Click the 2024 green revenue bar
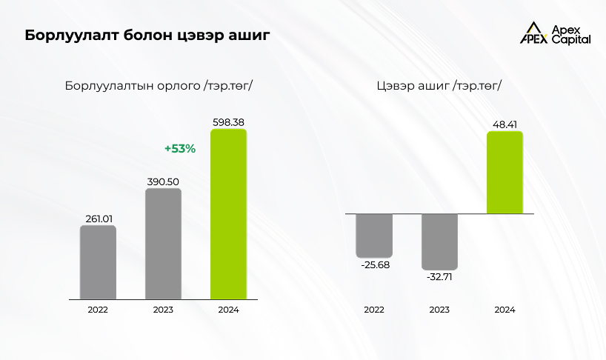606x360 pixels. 228,215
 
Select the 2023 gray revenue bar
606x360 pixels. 163,244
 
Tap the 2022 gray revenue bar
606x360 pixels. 98,262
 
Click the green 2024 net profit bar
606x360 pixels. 505,173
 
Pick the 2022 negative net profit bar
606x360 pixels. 373,234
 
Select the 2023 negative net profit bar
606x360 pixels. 439,241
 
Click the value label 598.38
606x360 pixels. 228,122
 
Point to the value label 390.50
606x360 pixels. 163,181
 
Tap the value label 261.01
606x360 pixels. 98,219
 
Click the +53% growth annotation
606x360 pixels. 179,149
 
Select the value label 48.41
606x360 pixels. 505,124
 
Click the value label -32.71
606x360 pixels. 439,278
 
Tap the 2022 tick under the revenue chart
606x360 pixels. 98,310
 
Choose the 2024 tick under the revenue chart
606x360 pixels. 228,310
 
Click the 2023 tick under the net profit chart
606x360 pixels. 439,310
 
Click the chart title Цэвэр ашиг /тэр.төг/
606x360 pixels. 439,85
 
